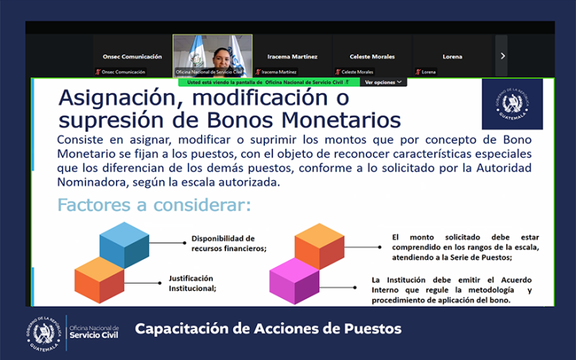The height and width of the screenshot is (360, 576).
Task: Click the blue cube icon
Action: click(125, 245)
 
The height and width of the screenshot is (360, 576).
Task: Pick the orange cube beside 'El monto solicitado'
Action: click(320, 246)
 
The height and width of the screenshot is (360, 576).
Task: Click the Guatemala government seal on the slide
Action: click(512, 104)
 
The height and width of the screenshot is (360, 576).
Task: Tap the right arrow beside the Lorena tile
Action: click(503, 55)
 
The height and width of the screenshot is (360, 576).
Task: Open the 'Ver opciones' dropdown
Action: click(382, 83)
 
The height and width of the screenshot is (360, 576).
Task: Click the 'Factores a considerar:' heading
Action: click(154, 205)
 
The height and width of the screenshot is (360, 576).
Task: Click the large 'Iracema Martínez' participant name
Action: click(292, 56)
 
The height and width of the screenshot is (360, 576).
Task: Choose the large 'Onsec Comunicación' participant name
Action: click(131, 56)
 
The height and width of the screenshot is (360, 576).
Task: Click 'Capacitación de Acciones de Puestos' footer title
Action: click(268, 329)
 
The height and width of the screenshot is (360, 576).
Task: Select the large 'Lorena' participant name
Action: click(452, 56)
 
